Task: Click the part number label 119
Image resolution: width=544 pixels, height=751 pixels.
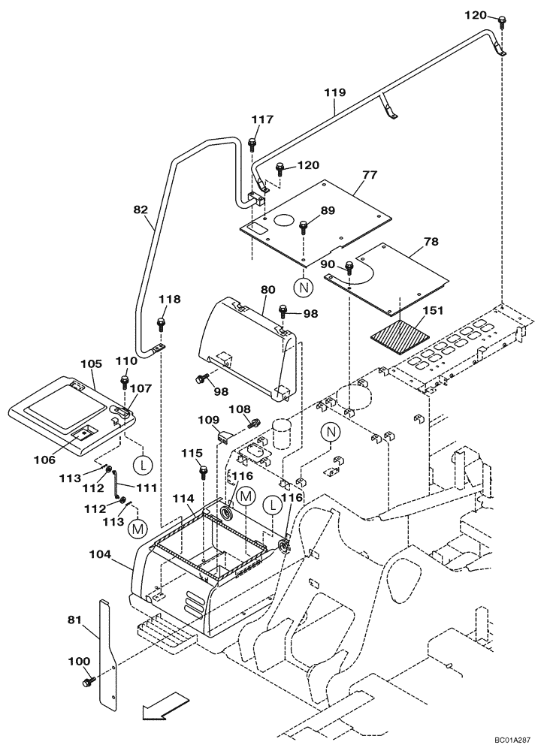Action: (x=335, y=92)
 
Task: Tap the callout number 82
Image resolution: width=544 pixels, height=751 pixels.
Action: (x=141, y=211)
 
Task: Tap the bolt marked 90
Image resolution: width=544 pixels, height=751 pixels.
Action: (x=350, y=267)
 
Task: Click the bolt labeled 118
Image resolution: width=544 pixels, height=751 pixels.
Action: (x=160, y=324)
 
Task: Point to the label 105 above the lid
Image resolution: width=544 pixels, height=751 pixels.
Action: (x=90, y=363)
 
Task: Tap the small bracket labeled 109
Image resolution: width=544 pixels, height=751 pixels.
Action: (x=223, y=435)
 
